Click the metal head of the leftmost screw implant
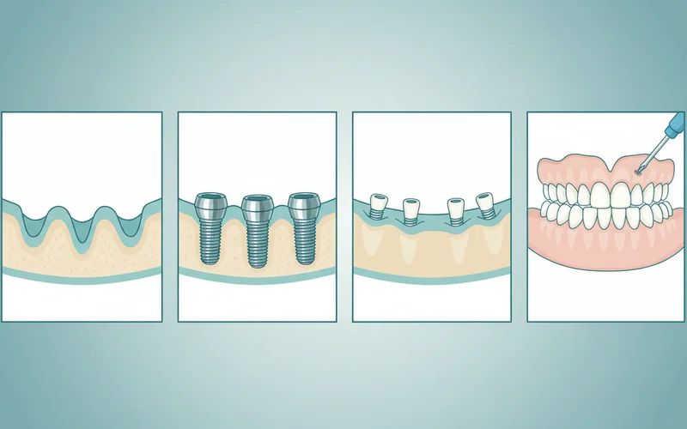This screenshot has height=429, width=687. click(210, 207)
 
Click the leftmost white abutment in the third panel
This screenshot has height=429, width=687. click(377, 204)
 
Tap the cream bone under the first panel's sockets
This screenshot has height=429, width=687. click(82, 257)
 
